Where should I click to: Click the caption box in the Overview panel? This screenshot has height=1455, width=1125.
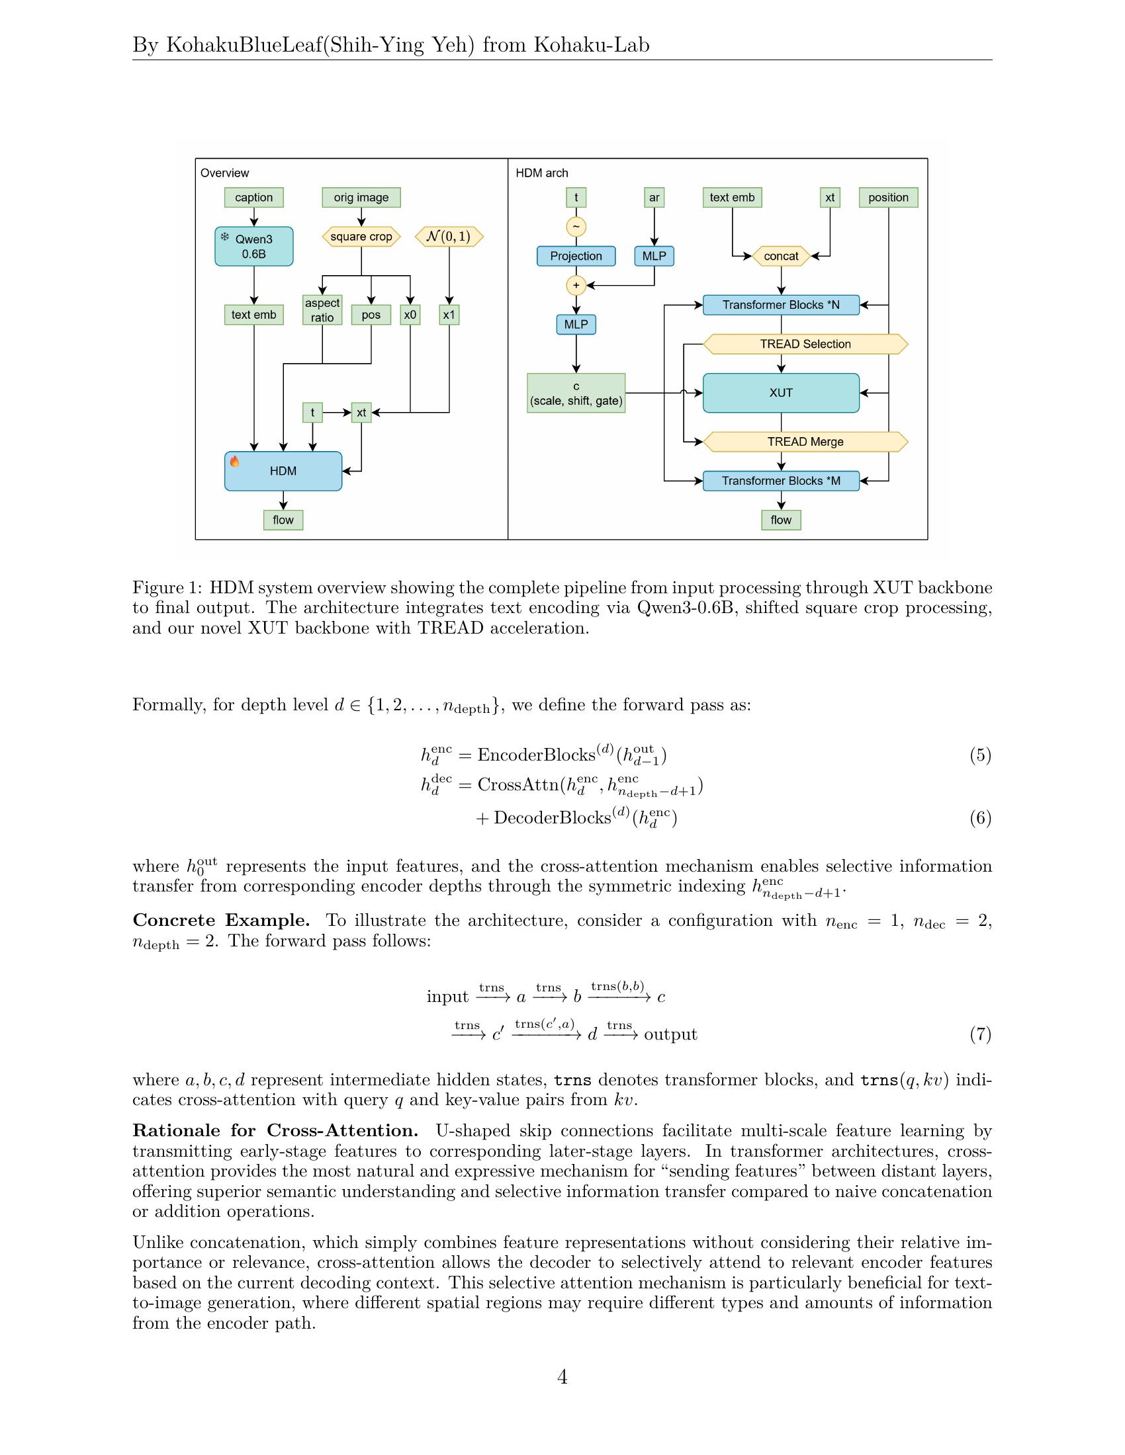click(254, 197)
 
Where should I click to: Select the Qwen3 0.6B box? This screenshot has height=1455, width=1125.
click(254, 247)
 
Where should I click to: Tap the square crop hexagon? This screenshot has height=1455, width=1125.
click(361, 237)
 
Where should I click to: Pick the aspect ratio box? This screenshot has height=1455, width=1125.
click(322, 310)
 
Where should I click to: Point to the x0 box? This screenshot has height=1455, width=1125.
click(410, 314)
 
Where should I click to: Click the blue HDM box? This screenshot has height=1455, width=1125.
click(283, 471)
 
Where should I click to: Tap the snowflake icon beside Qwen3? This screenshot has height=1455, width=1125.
click(224, 237)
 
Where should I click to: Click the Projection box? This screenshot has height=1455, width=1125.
click(576, 256)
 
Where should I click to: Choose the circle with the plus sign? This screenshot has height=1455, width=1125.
click(576, 285)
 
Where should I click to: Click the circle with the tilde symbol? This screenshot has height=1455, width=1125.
click(576, 226)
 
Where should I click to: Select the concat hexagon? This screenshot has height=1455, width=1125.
click(781, 256)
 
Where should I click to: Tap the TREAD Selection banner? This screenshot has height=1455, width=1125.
click(806, 344)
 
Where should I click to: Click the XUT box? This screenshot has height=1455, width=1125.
click(781, 392)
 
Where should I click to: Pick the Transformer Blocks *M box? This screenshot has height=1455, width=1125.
click(781, 481)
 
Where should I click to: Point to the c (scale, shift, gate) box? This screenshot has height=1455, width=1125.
click(576, 393)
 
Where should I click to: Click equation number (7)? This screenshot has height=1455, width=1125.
click(980, 1034)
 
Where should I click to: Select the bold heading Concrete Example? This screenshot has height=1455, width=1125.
click(221, 920)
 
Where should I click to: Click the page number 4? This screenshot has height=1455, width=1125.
click(562, 1376)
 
